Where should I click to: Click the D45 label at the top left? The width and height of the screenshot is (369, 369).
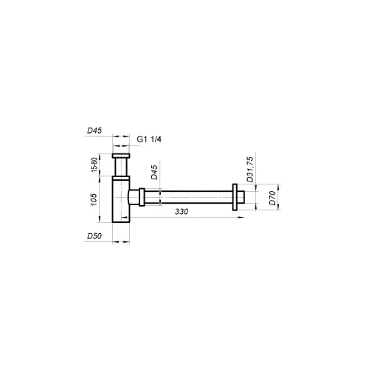tap(94, 131)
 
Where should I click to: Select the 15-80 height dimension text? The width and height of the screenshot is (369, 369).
tap(93, 166)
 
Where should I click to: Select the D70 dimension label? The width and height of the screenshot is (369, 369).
tap(272, 198)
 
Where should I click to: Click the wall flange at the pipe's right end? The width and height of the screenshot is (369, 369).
tap(235, 197)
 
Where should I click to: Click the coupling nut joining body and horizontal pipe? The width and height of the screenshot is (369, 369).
tap(140, 198)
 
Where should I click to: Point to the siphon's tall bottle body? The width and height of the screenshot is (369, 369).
tap(120, 199)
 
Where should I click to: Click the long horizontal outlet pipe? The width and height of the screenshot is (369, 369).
tap(192, 197)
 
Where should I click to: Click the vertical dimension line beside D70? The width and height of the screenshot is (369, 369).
tap(277, 197)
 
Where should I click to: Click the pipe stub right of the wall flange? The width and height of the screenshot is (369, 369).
tap(242, 197)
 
